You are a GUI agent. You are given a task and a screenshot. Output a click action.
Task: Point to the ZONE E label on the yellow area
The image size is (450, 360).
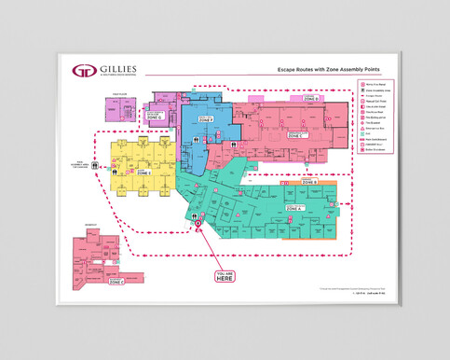pos(143,173)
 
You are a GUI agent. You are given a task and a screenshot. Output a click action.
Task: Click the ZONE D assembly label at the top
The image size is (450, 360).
pos(310,98)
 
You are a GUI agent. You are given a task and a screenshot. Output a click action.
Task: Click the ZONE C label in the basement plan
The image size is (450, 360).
pos(116,281)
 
